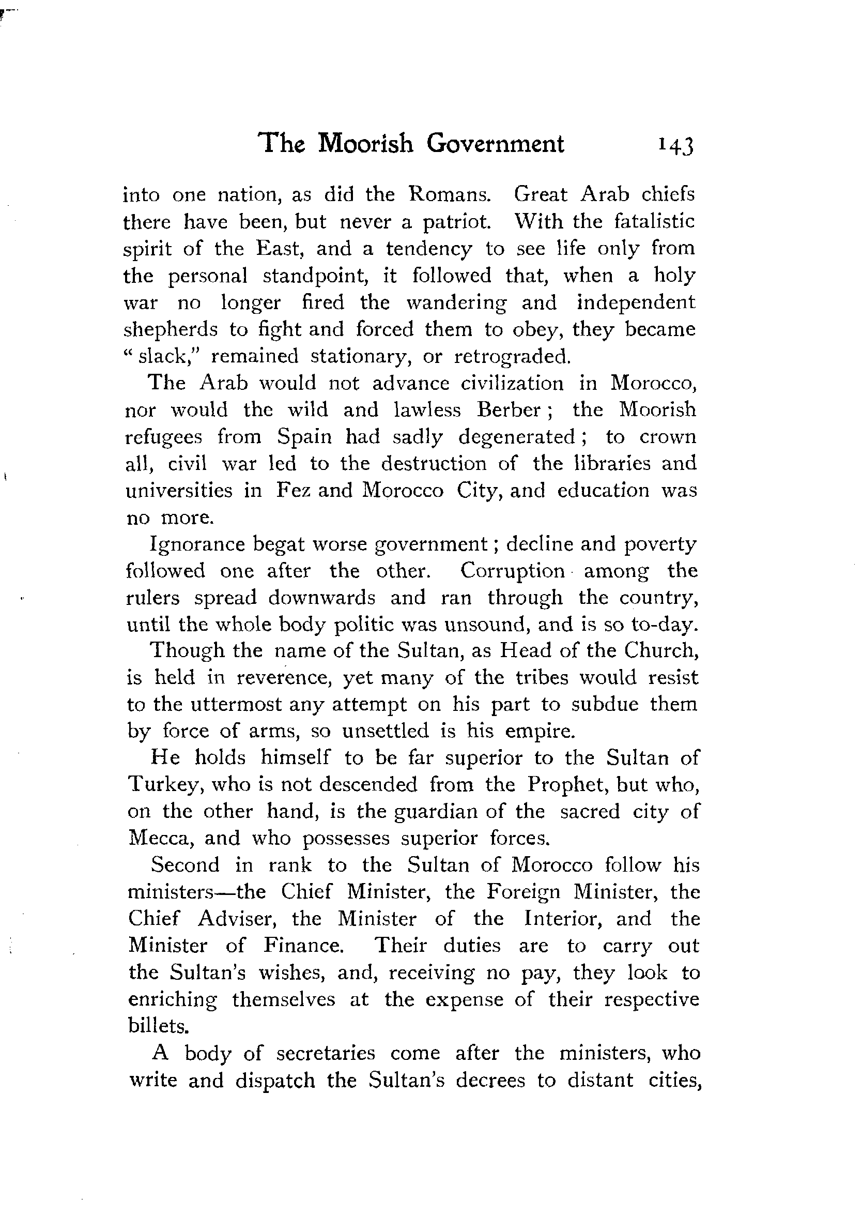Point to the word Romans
tap(449, 194)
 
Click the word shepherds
tap(171, 329)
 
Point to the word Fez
tap(293, 491)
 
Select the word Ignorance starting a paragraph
tap(195, 544)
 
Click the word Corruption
tap(513, 570)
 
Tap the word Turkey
tap(164, 785)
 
